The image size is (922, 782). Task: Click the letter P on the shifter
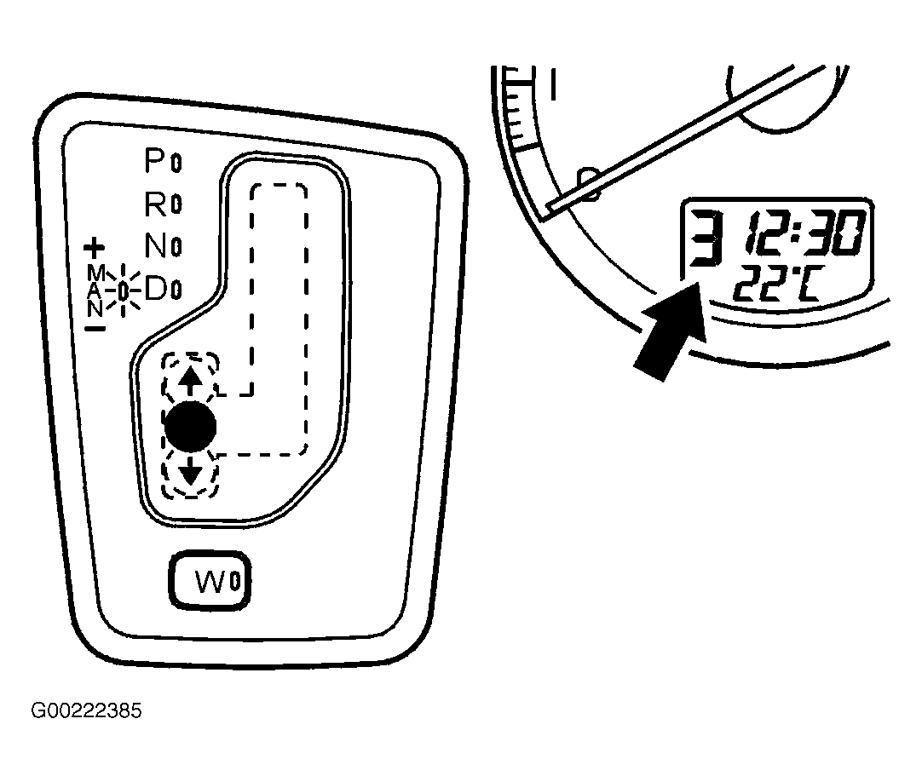[156, 160]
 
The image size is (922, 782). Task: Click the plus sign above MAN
[94, 248]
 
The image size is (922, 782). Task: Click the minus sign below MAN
[95, 328]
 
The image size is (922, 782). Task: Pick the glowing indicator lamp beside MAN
[123, 290]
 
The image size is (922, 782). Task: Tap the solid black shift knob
[191, 428]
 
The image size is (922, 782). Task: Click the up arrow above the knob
[190, 381]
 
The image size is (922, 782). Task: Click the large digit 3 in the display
[705, 239]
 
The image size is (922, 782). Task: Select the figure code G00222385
[86, 710]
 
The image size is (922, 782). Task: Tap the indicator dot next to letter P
[176, 163]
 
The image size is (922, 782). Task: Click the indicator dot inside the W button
[234, 582]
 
